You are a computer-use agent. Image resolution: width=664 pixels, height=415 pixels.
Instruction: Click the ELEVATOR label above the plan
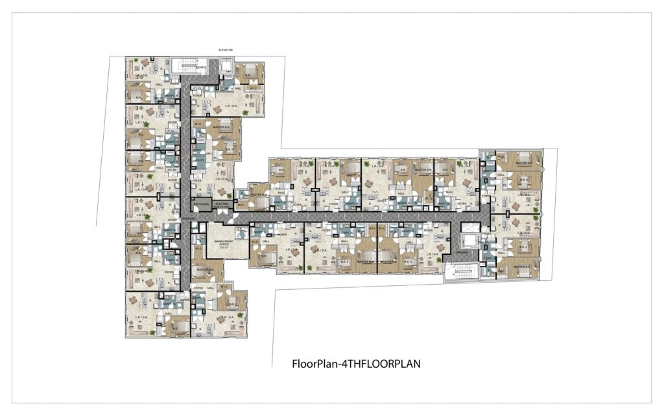tap(226, 50)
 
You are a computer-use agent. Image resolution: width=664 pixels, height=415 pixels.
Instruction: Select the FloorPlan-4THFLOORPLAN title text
tap(357, 364)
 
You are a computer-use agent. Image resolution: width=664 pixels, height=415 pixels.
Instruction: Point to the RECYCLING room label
tap(201, 205)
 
